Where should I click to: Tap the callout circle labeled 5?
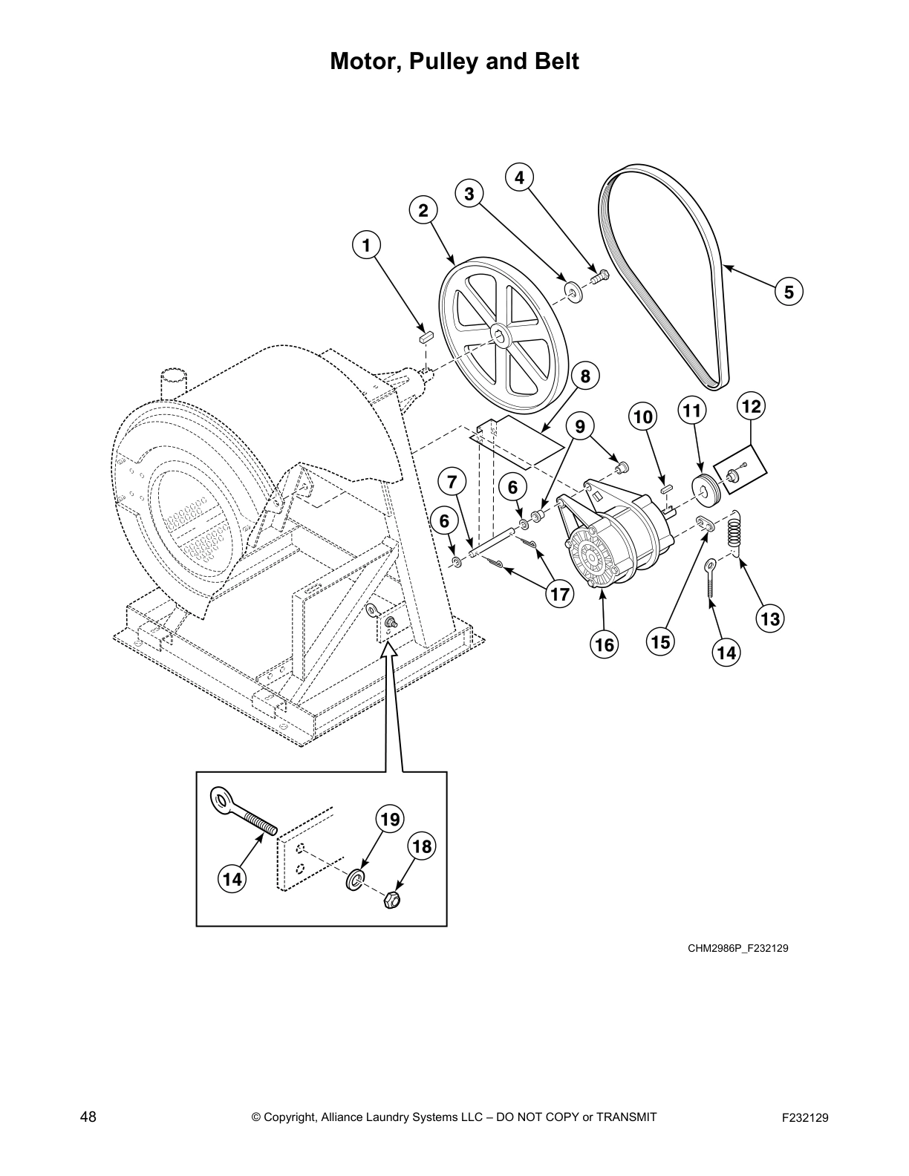point(789,292)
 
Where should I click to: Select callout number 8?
point(585,376)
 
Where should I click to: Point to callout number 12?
point(752,406)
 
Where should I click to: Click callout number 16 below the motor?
point(605,644)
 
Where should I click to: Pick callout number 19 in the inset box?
point(390,820)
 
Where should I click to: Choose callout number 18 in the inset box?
point(422,847)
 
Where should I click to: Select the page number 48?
point(88,1117)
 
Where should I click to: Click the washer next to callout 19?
point(356,881)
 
